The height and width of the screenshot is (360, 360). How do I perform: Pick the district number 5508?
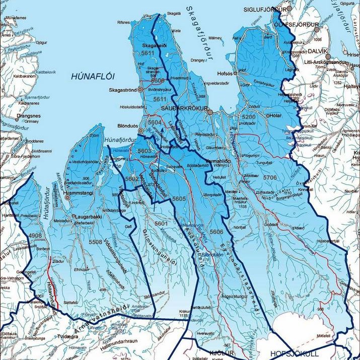(96, 242)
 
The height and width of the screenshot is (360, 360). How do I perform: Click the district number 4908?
(35, 235)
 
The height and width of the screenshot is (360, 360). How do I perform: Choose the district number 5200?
(249, 117)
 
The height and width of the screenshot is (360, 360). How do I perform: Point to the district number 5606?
(217, 231)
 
